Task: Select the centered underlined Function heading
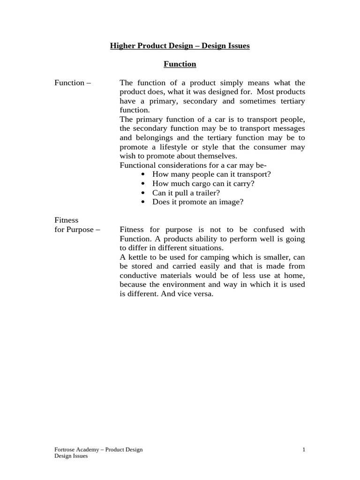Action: pyautogui.click(x=180, y=64)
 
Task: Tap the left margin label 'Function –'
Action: pyautogui.click(x=73, y=83)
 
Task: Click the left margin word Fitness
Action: pyautogui.click(x=67, y=220)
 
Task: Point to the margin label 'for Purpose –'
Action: pyautogui.click(x=77, y=230)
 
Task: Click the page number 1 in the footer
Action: pyautogui.click(x=304, y=450)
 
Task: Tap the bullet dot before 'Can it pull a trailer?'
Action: pyautogui.click(x=142, y=193)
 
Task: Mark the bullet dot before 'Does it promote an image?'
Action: pyautogui.click(x=142, y=202)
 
